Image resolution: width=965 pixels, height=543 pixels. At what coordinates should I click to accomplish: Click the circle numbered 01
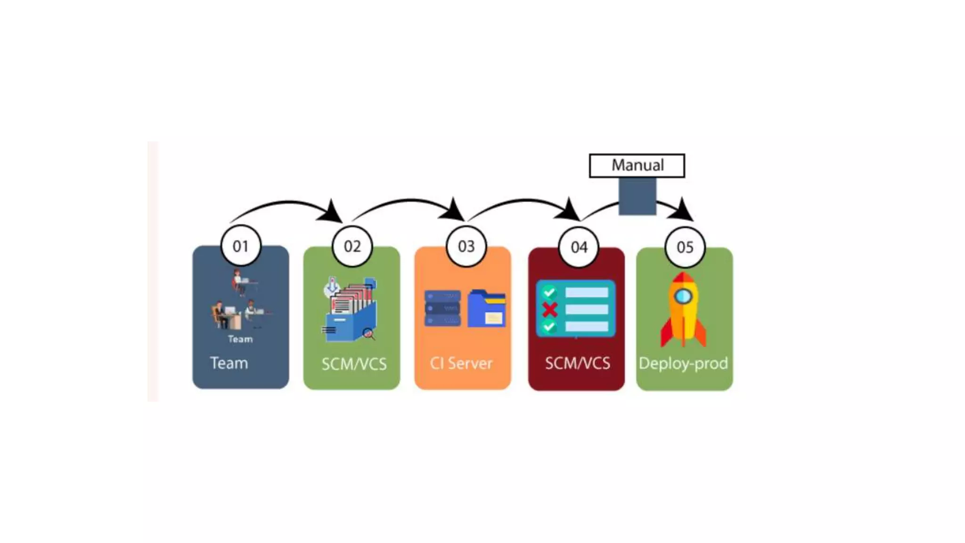(x=241, y=246)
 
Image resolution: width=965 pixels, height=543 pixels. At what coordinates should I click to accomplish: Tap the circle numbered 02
(x=352, y=246)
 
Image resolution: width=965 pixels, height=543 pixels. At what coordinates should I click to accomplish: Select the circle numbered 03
(x=466, y=246)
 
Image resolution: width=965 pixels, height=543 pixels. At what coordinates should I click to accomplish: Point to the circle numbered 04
(x=579, y=247)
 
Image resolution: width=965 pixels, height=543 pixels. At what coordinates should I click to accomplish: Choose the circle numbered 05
(x=685, y=247)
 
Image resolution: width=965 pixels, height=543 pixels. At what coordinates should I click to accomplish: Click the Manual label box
(x=637, y=165)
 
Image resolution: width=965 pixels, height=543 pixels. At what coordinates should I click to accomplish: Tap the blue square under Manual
(x=637, y=197)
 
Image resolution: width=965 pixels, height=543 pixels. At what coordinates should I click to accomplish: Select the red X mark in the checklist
(x=550, y=310)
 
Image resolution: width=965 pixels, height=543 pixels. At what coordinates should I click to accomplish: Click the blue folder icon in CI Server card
(x=487, y=309)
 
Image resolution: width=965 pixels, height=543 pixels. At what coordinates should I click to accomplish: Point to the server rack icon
(x=442, y=308)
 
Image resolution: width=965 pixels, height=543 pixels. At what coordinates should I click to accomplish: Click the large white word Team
(x=229, y=363)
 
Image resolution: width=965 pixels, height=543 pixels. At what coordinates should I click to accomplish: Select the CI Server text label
(x=461, y=363)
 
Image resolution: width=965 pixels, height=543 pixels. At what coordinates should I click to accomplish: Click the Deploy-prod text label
(x=683, y=363)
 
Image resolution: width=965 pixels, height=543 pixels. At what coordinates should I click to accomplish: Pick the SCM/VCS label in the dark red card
(x=577, y=363)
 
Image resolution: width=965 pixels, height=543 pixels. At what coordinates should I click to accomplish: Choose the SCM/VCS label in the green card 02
(x=354, y=364)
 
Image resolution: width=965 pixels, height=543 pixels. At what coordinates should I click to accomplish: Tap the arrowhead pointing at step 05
(x=683, y=211)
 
